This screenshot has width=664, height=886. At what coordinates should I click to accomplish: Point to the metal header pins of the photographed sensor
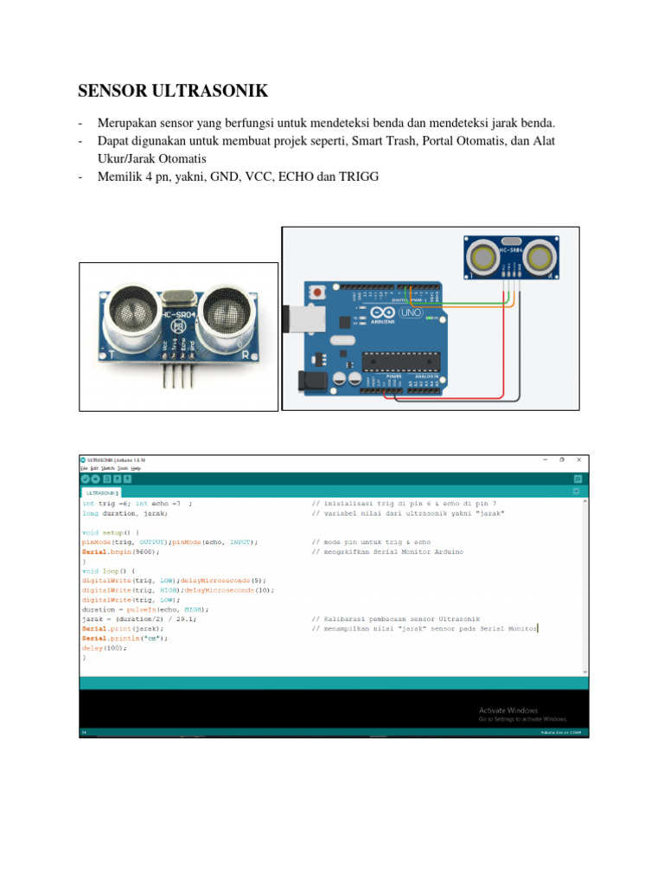(x=176, y=377)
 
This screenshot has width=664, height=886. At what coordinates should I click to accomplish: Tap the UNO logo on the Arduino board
(x=411, y=312)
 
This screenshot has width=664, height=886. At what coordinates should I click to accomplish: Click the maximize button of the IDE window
(x=561, y=459)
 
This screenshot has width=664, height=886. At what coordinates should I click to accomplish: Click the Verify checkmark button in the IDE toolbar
(x=86, y=478)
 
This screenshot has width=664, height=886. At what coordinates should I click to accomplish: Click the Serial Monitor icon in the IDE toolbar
(x=578, y=478)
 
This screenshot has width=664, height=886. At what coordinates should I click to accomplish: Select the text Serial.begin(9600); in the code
(x=121, y=551)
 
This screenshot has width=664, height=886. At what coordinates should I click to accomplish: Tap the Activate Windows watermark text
(x=508, y=710)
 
